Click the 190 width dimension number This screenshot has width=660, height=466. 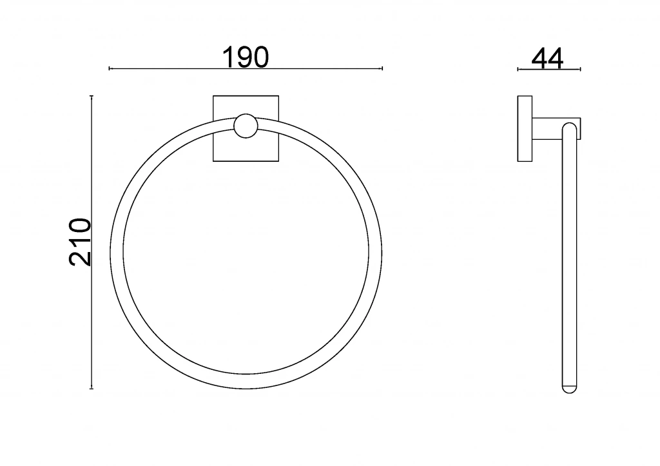click(x=246, y=57)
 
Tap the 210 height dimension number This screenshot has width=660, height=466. click(x=79, y=242)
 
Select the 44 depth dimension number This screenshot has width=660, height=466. click(x=547, y=59)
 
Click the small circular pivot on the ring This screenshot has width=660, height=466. click(x=246, y=126)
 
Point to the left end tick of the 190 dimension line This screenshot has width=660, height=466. click(x=110, y=68)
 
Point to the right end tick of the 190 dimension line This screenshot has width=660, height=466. click(x=382, y=68)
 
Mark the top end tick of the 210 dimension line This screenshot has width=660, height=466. click(x=92, y=96)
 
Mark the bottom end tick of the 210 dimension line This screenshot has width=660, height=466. click(x=92, y=389)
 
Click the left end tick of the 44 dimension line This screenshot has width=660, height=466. click(x=518, y=69)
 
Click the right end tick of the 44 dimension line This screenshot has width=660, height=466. click(x=581, y=69)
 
